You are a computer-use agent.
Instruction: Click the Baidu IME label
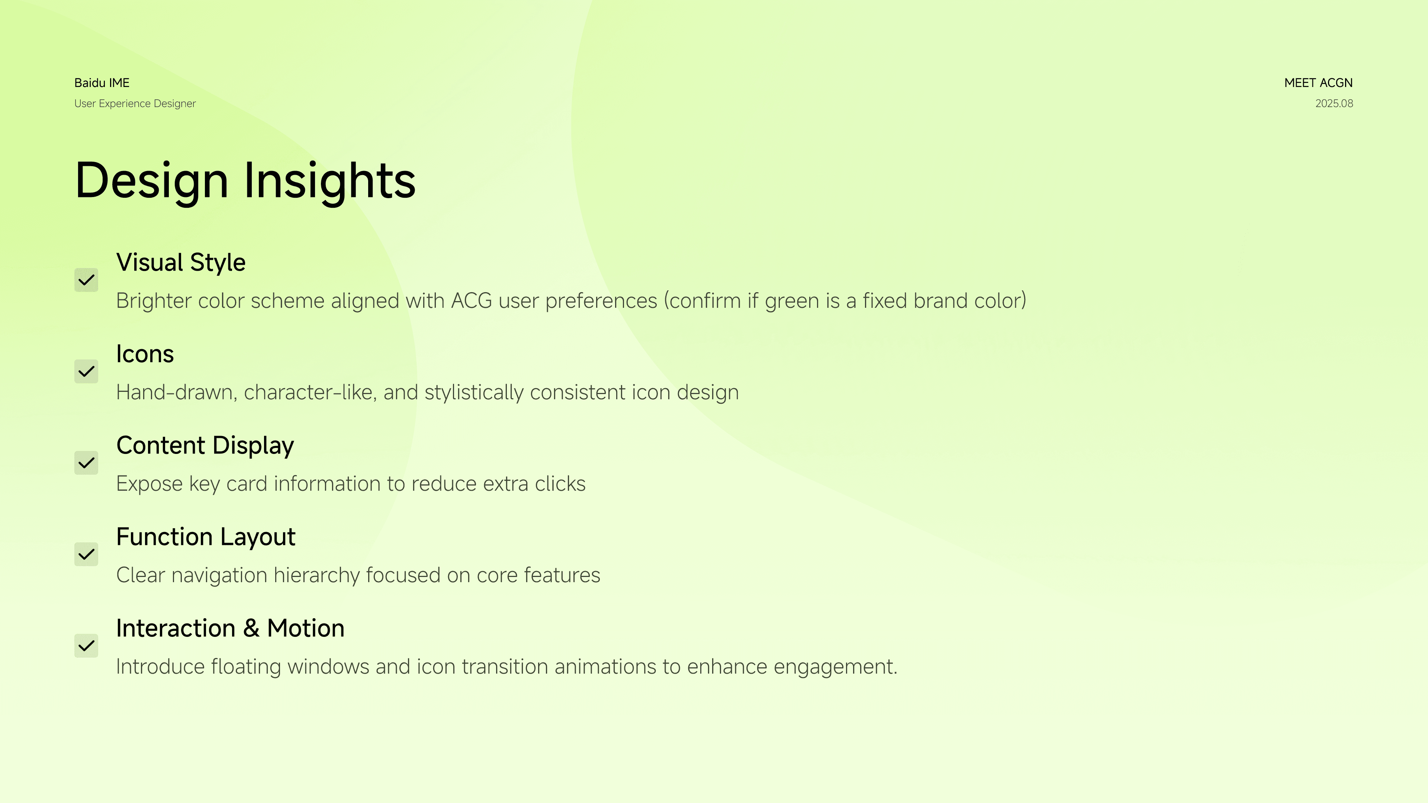click(x=102, y=83)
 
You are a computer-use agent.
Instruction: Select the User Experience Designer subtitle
click(x=135, y=104)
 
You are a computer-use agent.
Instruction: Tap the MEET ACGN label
click(x=1318, y=83)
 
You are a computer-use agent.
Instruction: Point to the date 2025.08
click(x=1334, y=104)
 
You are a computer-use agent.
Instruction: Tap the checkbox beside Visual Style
click(x=87, y=280)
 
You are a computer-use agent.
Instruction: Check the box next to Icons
click(x=87, y=371)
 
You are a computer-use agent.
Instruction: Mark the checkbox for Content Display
click(x=87, y=463)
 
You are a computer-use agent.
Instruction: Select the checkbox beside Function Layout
click(x=87, y=554)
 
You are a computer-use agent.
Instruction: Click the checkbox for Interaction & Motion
click(x=87, y=646)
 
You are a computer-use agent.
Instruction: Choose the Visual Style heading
click(x=181, y=263)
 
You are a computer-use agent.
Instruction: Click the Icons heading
click(x=145, y=354)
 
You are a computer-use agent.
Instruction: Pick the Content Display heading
click(x=205, y=446)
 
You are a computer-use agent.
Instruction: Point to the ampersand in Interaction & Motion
click(x=251, y=628)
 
